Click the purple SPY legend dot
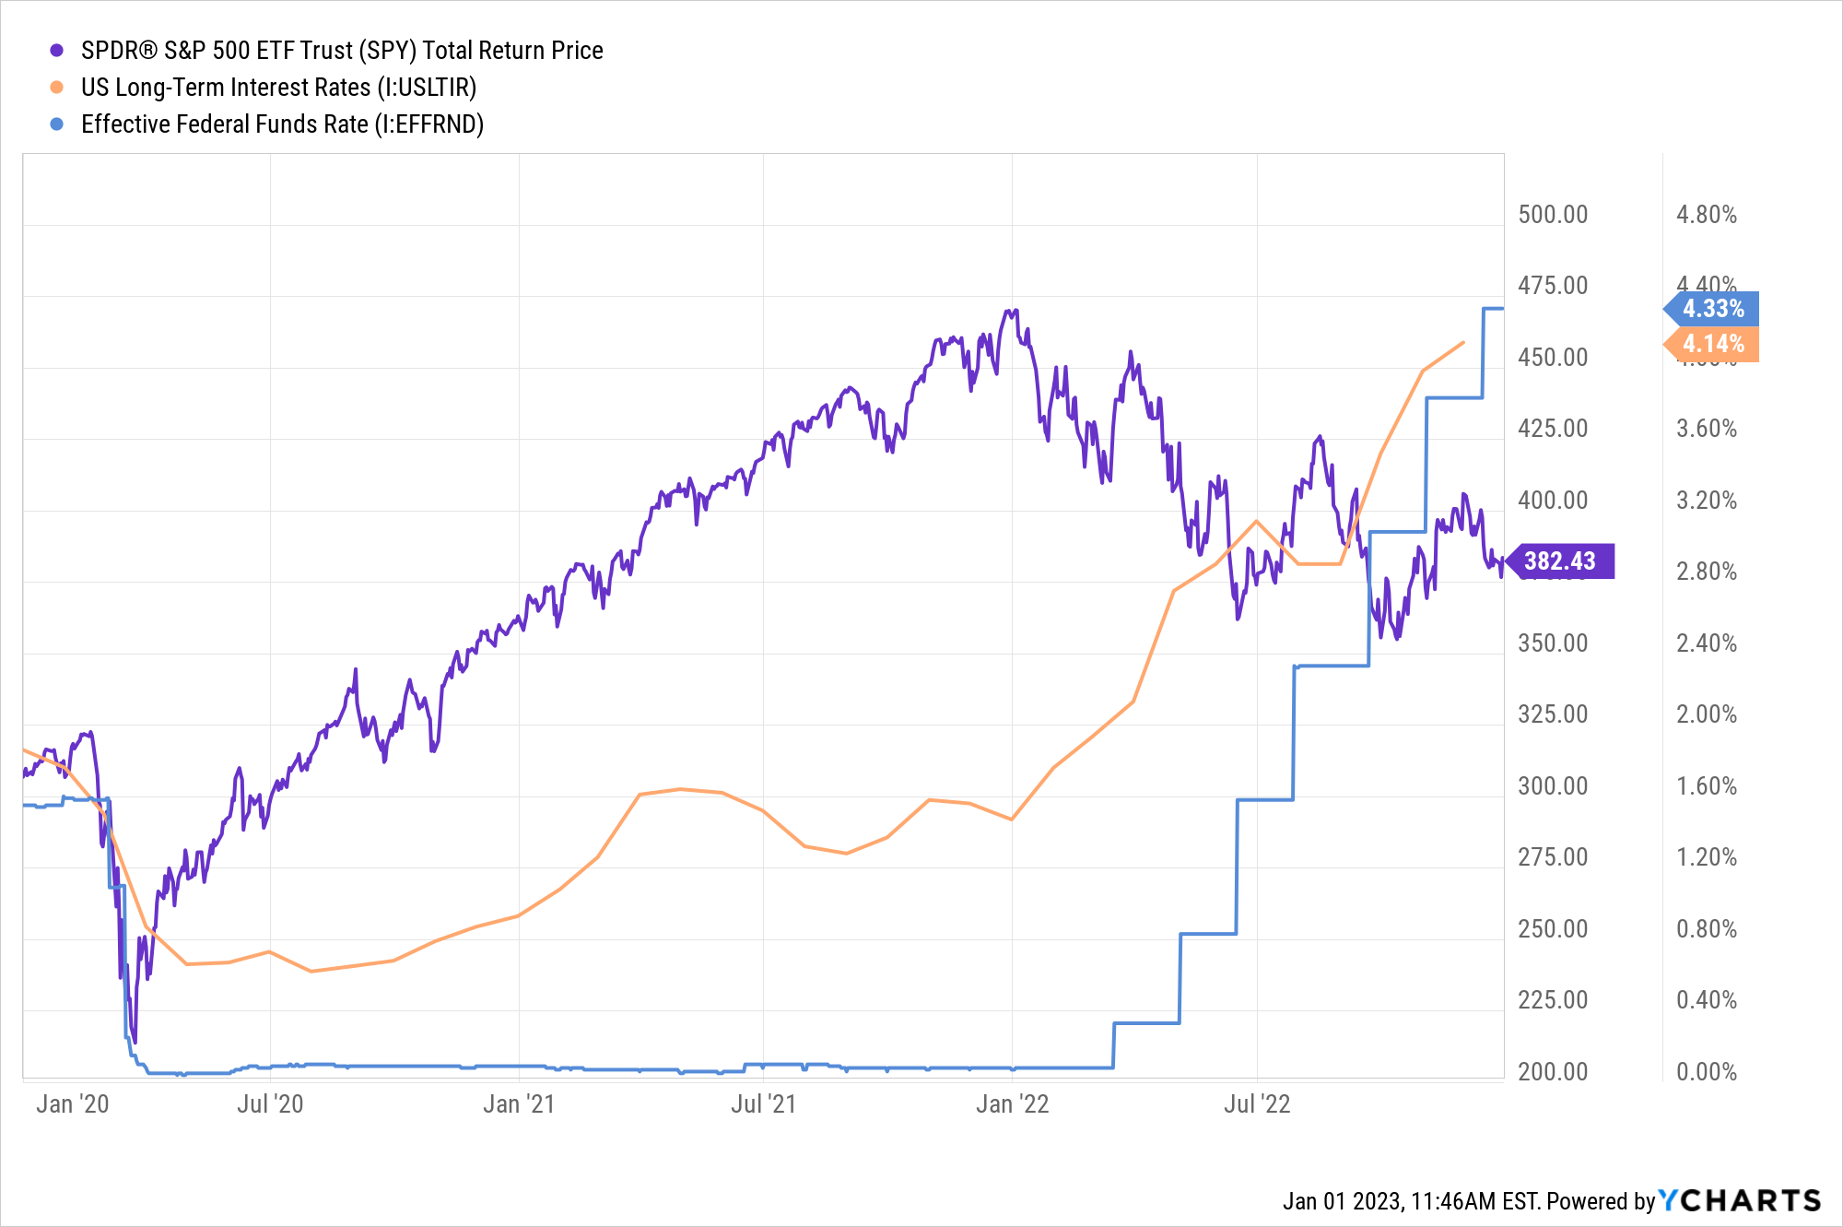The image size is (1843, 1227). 57,51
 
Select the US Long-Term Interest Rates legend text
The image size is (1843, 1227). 278,88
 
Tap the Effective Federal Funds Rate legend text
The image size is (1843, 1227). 282,124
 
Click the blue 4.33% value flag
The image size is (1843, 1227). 1712,308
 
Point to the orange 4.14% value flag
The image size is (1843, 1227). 1712,344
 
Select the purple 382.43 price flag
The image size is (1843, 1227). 1560,560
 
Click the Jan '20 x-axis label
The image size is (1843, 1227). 72,1103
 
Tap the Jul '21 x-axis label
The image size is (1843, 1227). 763,1103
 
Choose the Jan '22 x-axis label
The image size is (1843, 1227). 1012,1103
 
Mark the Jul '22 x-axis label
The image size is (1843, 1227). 1257,1103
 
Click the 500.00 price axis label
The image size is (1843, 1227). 1553,215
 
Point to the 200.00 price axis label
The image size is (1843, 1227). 1553,1071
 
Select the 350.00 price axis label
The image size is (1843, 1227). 1553,643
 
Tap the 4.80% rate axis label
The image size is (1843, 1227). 1707,215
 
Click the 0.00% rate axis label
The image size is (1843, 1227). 1707,1071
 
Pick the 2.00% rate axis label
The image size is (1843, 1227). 1707,714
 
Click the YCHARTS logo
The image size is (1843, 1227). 1740,1200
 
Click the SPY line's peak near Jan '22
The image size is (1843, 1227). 1015,310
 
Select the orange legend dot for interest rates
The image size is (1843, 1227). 57,88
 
